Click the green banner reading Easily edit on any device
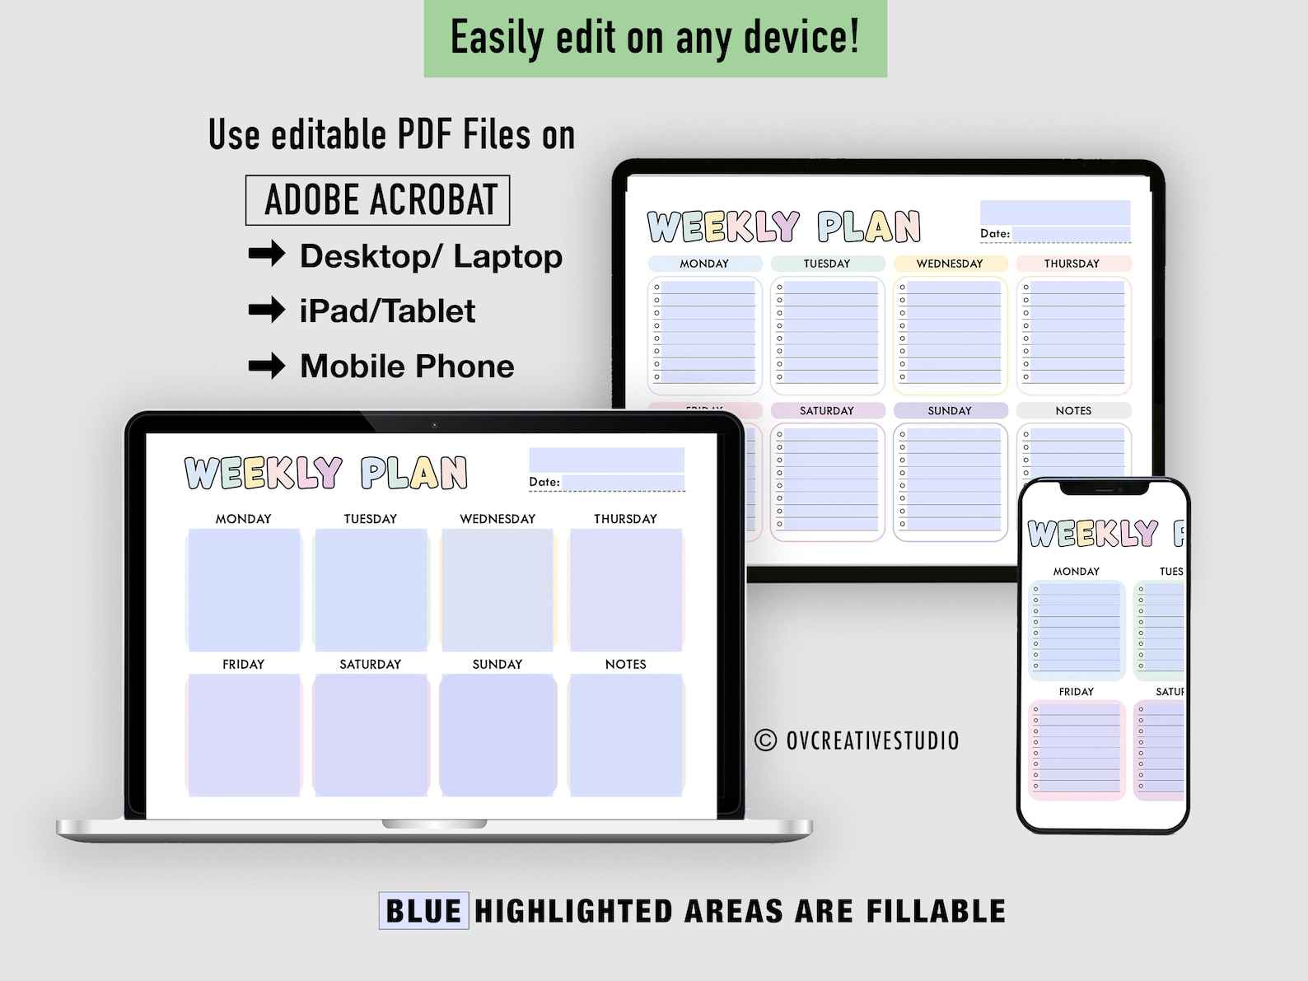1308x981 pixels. (655, 39)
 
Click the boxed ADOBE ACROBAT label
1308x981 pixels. (378, 200)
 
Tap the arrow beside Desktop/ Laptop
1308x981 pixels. (267, 255)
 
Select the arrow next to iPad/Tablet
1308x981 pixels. (267, 311)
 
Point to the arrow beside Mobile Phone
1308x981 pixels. (267, 365)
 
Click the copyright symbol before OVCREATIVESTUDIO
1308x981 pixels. (765, 740)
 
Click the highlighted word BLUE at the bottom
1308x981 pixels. (423, 911)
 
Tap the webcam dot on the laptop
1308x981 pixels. (434, 425)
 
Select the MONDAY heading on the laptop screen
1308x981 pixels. (243, 519)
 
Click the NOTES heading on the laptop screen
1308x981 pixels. (625, 664)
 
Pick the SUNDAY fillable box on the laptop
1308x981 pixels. (498, 735)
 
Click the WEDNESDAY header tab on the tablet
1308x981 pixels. (950, 264)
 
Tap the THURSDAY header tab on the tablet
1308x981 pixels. (1072, 264)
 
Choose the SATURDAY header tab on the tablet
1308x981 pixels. (827, 410)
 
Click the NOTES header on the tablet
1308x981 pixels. (1073, 410)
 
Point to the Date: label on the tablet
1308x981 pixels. (995, 234)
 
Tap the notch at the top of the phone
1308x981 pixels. (1104, 488)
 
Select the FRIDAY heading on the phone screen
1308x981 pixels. (1077, 692)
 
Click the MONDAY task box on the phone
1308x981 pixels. (1077, 629)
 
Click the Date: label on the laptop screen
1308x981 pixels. (544, 483)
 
